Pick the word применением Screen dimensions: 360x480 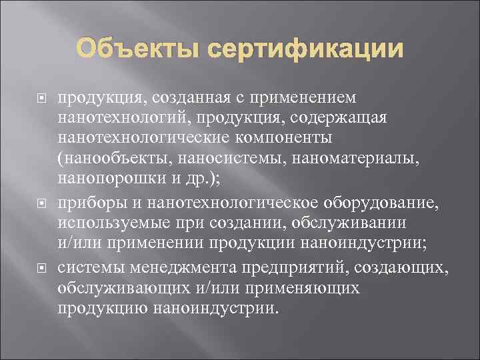(293, 98)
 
